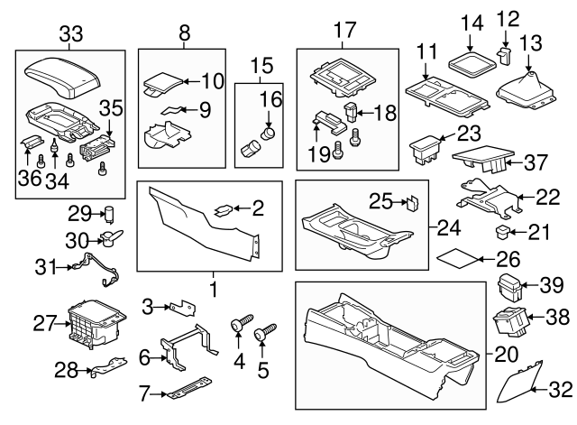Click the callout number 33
coord(70,35)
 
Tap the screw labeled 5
coord(266,336)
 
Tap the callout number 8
coord(184,35)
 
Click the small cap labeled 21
coord(503,233)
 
